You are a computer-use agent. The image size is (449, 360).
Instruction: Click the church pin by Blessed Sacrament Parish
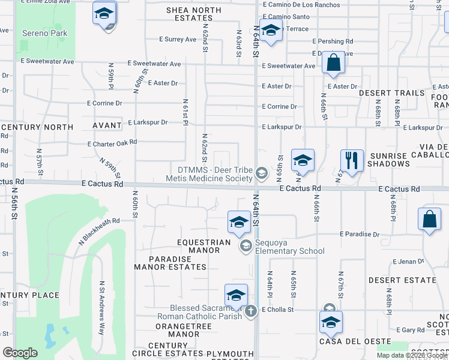(251, 310)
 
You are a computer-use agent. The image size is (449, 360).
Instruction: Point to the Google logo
(20, 353)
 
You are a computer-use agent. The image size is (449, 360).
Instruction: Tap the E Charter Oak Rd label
(112, 144)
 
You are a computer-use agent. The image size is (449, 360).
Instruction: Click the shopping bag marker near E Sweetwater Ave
(333, 62)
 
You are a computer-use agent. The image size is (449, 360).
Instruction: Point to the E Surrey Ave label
(178, 39)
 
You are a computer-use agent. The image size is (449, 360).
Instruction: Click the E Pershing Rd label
(332, 41)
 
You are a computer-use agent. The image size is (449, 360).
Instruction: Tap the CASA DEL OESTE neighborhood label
(343, 341)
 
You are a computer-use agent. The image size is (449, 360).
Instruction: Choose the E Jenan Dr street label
(408, 262)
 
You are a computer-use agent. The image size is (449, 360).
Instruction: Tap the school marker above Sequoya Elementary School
(239, 222)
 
